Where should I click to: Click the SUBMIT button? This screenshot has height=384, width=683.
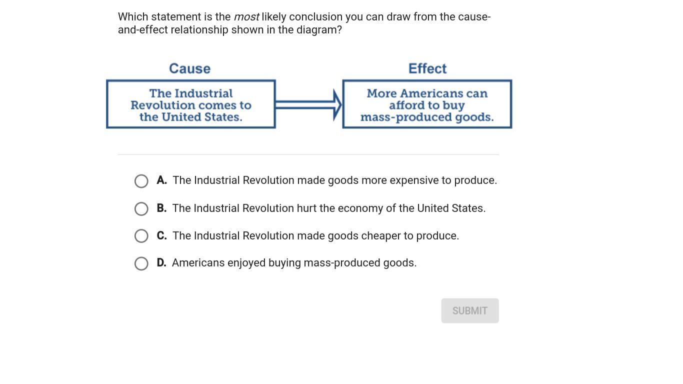tap(470, 310)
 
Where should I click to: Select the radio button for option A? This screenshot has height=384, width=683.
tap(141, 181)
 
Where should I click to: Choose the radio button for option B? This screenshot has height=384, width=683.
tap(141, 209)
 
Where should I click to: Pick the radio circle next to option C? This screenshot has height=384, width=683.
tap(141, 236)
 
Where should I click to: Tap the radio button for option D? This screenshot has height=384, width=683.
tap(141, 263)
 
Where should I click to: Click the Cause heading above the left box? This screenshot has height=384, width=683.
tap(189, 68)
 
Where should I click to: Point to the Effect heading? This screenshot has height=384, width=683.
tap(427, 68)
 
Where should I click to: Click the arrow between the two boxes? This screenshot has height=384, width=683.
tap(308, 105)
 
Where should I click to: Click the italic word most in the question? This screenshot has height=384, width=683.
tap(246, 17)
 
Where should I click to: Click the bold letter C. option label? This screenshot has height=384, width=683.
tap(161, 235)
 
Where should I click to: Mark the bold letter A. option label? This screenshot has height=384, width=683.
tap(161, 180)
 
